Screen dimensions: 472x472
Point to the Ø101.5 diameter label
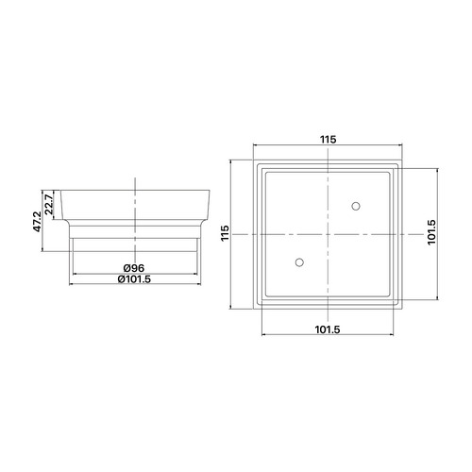pos(135,278)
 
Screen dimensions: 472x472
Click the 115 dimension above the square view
pos(328,140)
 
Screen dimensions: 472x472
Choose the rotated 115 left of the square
pos(227,233)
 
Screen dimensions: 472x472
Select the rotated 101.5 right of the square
pos(431,233)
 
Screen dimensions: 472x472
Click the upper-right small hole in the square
pos(357,206)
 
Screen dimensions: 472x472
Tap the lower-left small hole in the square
pos(299,261)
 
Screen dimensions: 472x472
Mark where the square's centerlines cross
pos(328,233)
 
